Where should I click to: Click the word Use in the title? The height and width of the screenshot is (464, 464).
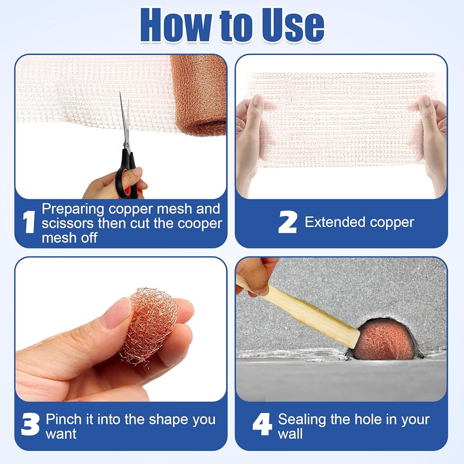pyautogui.click(x=293, y=25)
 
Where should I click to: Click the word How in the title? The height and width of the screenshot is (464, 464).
pyautogui.click(x=176, y=25)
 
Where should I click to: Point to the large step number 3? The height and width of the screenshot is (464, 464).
pyautogui.click(x=30, y=425)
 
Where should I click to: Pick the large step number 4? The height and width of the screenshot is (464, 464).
pyautogui.click(x=262, y=424)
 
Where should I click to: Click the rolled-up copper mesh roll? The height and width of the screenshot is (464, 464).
pyautogui.click(x=198, y=95)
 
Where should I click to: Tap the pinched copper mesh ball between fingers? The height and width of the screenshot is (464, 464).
pyautogui.click(x=149, y=326)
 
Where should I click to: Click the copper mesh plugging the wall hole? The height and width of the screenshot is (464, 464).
pyautogui.click(x=385, y=340)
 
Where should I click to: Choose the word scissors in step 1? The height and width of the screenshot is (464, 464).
pyautogui.click(x=68, y=224)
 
